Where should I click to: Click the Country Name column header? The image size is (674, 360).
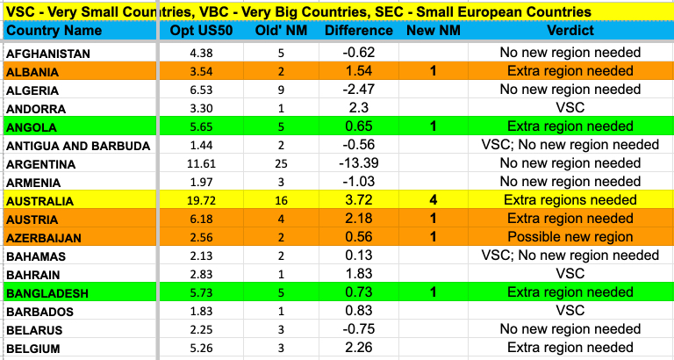(54, 31)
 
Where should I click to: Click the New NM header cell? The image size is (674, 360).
(433, 31)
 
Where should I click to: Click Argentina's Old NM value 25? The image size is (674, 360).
(281, 164)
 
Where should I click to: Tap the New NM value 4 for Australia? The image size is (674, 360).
(433, 201)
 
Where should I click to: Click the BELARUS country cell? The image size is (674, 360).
(34, 329)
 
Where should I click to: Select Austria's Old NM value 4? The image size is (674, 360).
(281, 220)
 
